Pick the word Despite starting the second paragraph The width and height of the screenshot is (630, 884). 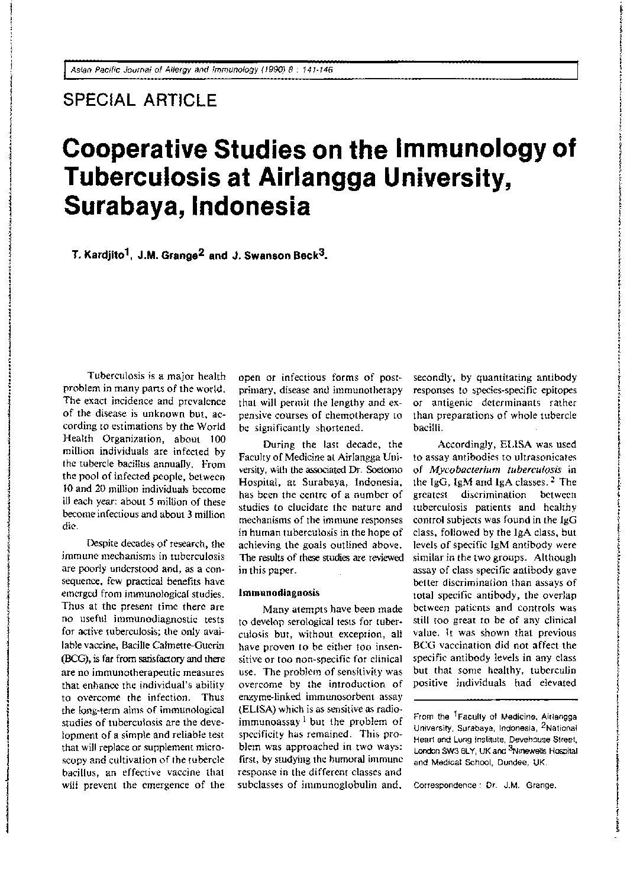click(x=104, y=543)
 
